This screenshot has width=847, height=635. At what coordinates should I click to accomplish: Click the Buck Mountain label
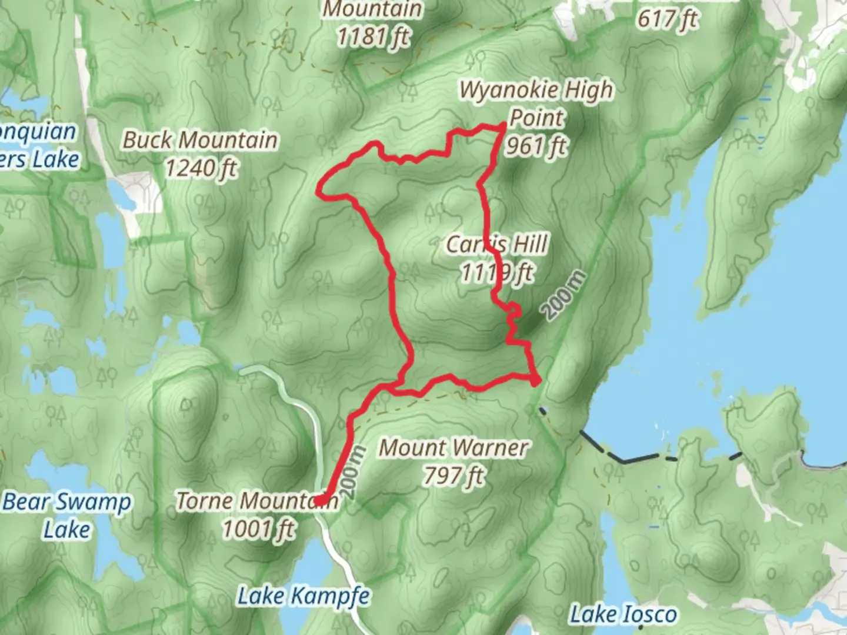pos(200,141)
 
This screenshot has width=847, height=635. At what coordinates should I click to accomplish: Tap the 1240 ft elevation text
pos(200,169)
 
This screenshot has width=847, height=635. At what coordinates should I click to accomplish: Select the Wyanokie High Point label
pos(536,103)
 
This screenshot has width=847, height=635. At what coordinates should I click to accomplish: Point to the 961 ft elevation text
pos(536,145)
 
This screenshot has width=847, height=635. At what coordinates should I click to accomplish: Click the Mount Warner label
pos(453,448)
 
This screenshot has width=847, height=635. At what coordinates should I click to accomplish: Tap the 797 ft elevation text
pos(453,476)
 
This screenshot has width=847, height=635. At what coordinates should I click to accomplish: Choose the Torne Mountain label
pos(257,501)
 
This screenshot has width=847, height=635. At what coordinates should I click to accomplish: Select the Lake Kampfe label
pos(304,596)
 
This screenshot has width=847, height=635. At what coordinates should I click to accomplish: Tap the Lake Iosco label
pos(623,615)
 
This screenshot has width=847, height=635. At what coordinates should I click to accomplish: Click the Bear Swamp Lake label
pos(67,516)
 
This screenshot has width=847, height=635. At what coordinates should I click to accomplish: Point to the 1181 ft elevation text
pos(373,36)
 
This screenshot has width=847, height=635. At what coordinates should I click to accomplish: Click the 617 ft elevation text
pos(667,19)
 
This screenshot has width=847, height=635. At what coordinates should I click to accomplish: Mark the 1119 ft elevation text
pos(497,273)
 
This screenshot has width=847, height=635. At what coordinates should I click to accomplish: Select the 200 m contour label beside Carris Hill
pos(563,295)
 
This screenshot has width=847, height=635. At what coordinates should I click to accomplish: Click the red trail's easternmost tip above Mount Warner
pos(536,382)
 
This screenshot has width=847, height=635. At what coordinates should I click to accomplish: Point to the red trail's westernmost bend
pos(319,189)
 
